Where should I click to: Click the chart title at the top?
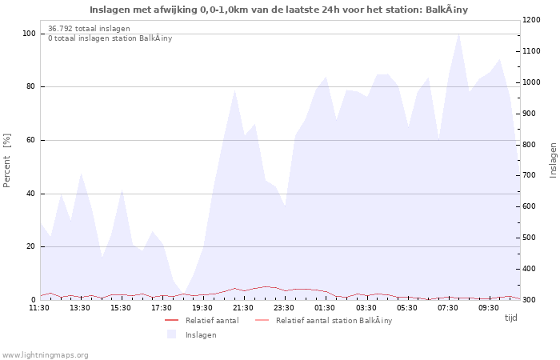(279, 10)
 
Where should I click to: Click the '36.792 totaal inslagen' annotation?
(89, 29)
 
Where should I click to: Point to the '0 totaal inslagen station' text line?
(110, 38)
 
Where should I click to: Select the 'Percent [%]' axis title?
(7, 161)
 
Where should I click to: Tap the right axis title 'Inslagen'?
(553, 160)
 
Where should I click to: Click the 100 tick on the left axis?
(29, 34)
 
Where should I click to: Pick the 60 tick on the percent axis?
(31, 140)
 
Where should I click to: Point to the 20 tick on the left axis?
(31, 246)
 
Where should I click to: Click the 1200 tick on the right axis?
(532, 20)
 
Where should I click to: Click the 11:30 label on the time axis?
(39, 307)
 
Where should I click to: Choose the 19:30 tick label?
(202, 307)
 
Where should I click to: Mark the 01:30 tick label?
(325, 307)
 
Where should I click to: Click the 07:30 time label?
(448, 307)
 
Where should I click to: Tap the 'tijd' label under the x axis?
(510, 318)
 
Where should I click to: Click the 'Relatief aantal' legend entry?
(212, 321)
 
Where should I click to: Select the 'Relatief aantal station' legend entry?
(334, 321)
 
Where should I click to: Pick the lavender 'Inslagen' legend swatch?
(171, 334)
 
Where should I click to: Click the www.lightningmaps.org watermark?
(45, 354)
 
